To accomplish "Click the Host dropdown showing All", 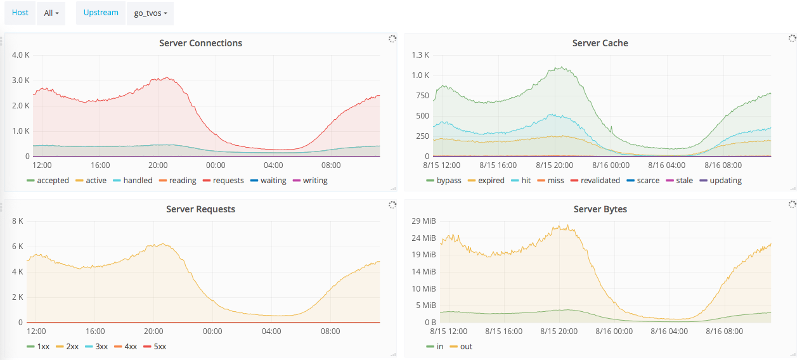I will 51,13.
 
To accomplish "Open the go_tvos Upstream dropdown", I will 150,13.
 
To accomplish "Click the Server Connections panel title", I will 200,43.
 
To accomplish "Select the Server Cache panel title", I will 600,43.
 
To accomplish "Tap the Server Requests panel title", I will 200,209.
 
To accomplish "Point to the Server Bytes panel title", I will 600,209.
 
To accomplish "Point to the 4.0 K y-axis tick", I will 21,55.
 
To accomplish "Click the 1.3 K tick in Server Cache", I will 420,55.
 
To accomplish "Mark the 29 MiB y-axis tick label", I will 424,221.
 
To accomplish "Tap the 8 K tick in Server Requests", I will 18,221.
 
